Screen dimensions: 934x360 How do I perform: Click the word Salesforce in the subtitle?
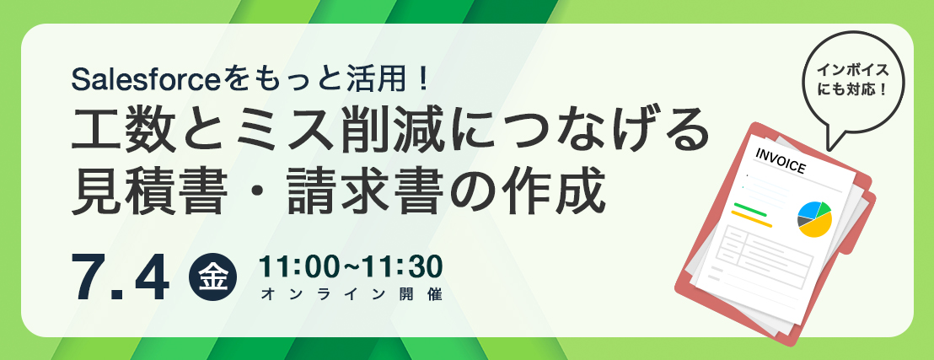pyautogui.click(x=146, y=79)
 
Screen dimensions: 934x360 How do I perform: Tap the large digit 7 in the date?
pyautogui.click(x=93, y=277)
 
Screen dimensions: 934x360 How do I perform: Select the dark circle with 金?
pyautogui.click(x=212, y=277)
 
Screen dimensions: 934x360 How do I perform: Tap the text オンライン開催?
pyautogui.click(x=352, y=294)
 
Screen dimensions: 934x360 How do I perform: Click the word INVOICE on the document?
pyautogui.click(x=781, y=161)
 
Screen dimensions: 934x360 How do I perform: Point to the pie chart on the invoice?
pyautogui.click(x=814, y=218)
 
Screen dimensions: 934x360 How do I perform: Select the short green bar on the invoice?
pyautogui.click(x=750, y=209)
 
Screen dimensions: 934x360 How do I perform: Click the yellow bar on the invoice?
pyautogui.click(x=751, y=218)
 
